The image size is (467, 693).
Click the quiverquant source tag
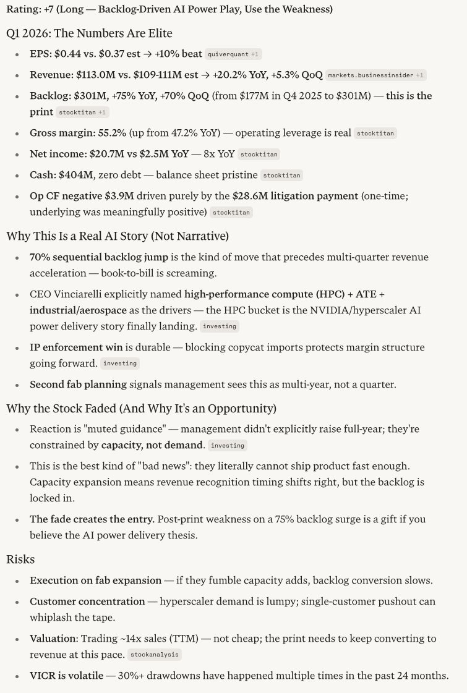226,54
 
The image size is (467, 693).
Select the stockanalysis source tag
155,655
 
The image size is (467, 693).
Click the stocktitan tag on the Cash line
281,176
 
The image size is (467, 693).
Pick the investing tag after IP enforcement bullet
120,364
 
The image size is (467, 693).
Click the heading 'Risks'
20,559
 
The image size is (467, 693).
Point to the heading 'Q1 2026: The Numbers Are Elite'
89,33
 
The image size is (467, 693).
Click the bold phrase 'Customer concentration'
87,602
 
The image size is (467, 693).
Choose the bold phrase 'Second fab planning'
78,385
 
